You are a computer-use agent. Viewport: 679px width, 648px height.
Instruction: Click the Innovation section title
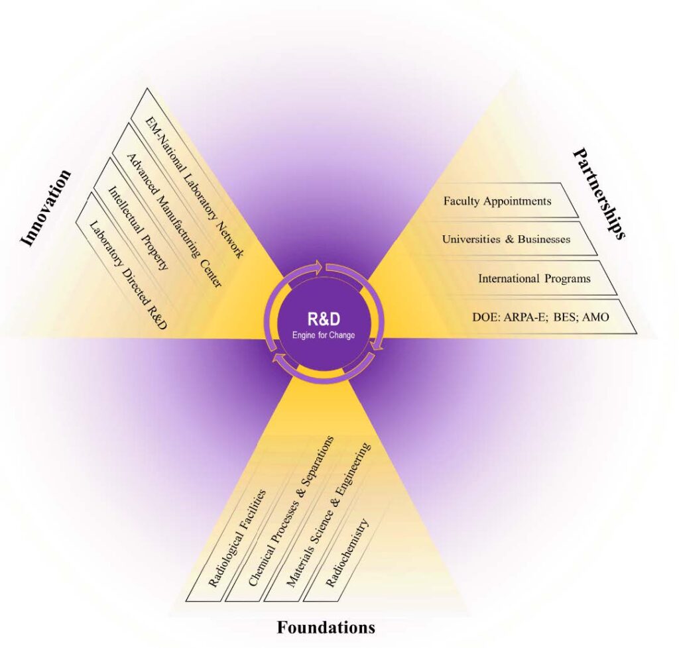(x=46, y=207)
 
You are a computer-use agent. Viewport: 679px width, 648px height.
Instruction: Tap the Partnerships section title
(x=599, y=193)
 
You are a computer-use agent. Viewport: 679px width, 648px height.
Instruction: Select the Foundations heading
(x=326, y=627)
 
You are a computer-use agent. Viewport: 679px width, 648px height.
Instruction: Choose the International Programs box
(x=534, y=278)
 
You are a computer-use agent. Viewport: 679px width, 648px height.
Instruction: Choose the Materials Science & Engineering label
(x=328, y=515)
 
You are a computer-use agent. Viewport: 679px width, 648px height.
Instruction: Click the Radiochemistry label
(x=347, y=554)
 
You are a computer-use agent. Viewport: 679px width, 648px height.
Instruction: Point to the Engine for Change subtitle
(x=323, y=335)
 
